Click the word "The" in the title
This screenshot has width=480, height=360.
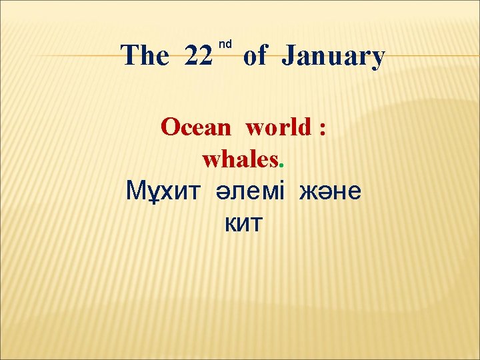(145, 56)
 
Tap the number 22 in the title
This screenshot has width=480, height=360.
(199, 56)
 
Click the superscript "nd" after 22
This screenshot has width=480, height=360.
(225, 44)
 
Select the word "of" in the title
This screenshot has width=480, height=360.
(255, 56)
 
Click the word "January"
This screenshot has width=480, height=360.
(333, 57)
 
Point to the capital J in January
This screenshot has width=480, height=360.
(287, 57)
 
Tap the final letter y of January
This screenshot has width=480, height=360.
(378, 60)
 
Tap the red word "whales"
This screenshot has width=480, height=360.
(240, 159)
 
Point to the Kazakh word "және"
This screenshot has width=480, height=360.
(330, 192)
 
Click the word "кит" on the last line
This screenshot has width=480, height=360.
(244, 225)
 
